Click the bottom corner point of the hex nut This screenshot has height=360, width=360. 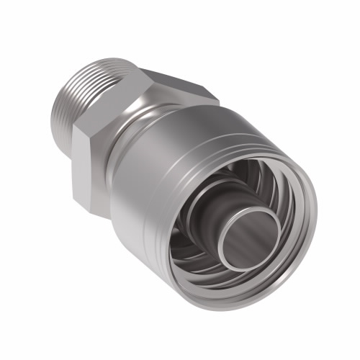click(x=108, y=219)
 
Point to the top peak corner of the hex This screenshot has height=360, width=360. click(x=141, y=69)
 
